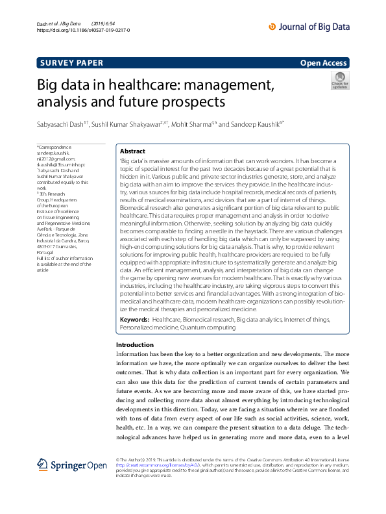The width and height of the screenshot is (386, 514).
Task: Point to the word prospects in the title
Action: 195,102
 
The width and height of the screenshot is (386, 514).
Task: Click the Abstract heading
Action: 133,150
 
